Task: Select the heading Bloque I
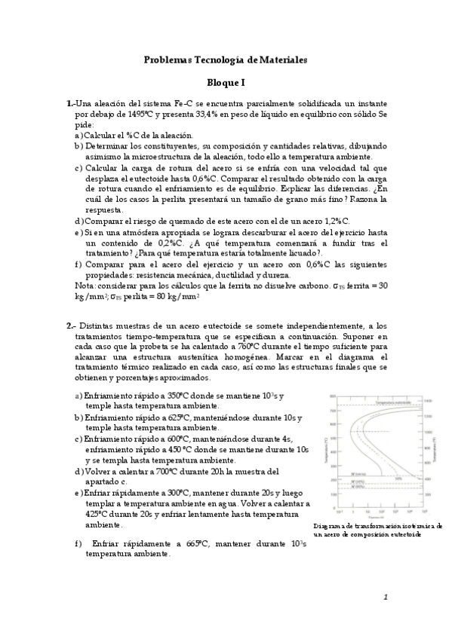tap(226, 85)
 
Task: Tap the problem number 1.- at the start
tap(70, 103)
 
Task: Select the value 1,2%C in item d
tap(334, 221)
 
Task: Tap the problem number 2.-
tap(70, 326)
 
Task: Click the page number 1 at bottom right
tap(385, 597)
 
